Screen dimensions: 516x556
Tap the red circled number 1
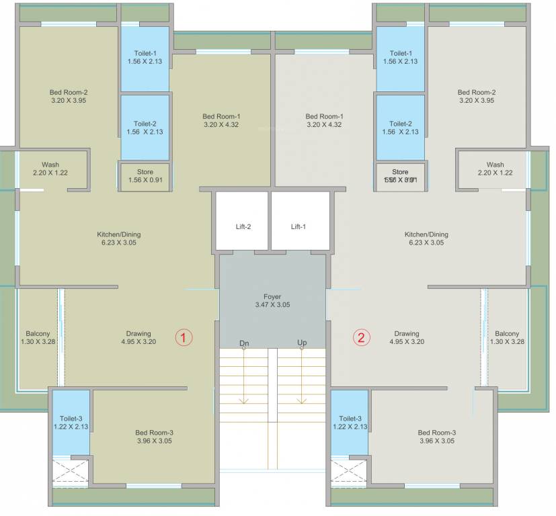pos(184,338)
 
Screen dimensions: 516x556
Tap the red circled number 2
pos(362,338)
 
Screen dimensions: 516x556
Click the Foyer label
pos(272,296)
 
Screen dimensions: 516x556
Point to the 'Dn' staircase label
pos(244,343)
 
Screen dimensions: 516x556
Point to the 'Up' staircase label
pos(302,343)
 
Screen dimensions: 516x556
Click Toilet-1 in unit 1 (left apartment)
pos(145,57)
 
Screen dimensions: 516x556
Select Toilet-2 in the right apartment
pos(400,128)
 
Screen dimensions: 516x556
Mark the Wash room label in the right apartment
pos(495,165)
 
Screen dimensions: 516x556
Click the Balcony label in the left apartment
pos(38,334)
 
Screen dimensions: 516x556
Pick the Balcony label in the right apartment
pos(507,334)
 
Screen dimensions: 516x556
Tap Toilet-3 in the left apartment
pos(71,422)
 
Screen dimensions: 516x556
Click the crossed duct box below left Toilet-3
pos(71,471)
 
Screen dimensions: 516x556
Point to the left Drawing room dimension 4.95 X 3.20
pos(138,341)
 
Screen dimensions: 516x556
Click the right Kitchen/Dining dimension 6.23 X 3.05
pos(426,243)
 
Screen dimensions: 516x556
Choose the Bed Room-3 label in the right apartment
pos(436,433)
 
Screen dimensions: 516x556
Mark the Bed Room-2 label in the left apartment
pos(69,93)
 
